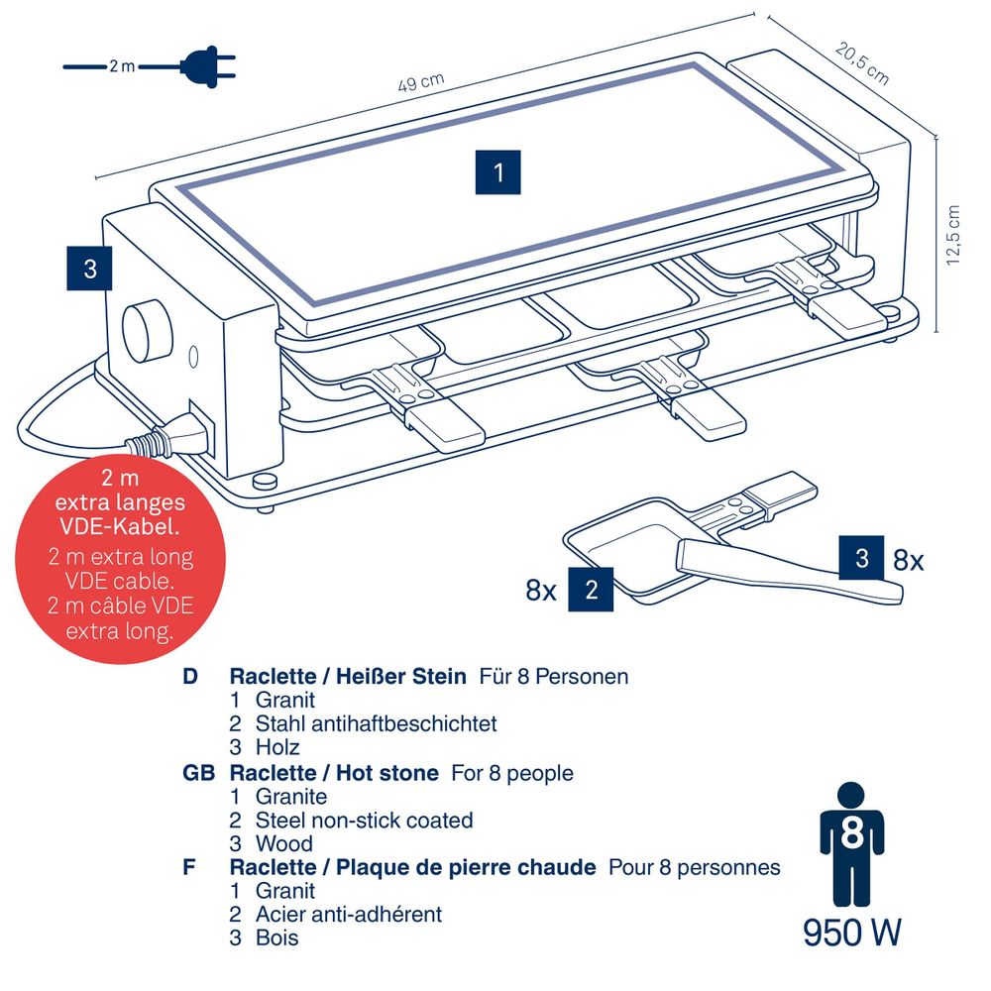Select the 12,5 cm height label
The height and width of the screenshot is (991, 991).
tap(953, 235)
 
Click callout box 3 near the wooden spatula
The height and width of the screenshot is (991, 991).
tap(861, 558)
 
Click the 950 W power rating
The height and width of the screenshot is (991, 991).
tap(852, 933)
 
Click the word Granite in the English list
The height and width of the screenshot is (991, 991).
tap(291, 796)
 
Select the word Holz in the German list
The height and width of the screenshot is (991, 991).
tap(277, 747)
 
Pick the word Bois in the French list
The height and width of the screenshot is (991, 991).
tap(276, 937)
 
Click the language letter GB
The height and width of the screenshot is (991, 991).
tap(198, 772)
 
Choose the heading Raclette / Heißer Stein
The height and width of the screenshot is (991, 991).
tap(348, 677)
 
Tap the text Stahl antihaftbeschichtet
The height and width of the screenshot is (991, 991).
tap(377, 723)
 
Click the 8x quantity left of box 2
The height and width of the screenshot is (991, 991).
tap(541, 592)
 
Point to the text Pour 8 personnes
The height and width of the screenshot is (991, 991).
tap(695, 867)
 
